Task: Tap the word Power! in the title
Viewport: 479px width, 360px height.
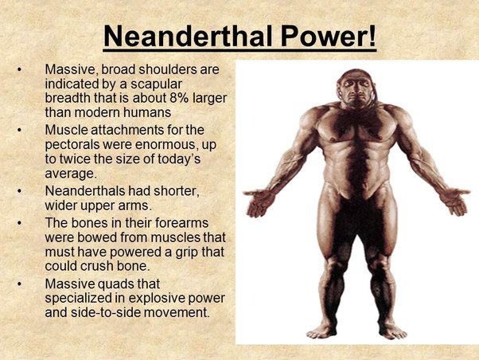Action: [329, 36]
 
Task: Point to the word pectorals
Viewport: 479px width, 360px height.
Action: [71, 145]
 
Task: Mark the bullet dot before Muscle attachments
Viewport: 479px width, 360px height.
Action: [20, 131]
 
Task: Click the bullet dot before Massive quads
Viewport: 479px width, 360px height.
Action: [20, 284]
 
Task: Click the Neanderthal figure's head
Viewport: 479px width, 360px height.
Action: [356, 87]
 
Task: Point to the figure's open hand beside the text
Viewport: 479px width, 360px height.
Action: [259, 202]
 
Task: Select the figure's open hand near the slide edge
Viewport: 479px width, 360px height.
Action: [454, 201]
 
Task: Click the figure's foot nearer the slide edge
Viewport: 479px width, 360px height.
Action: [392, 331]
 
